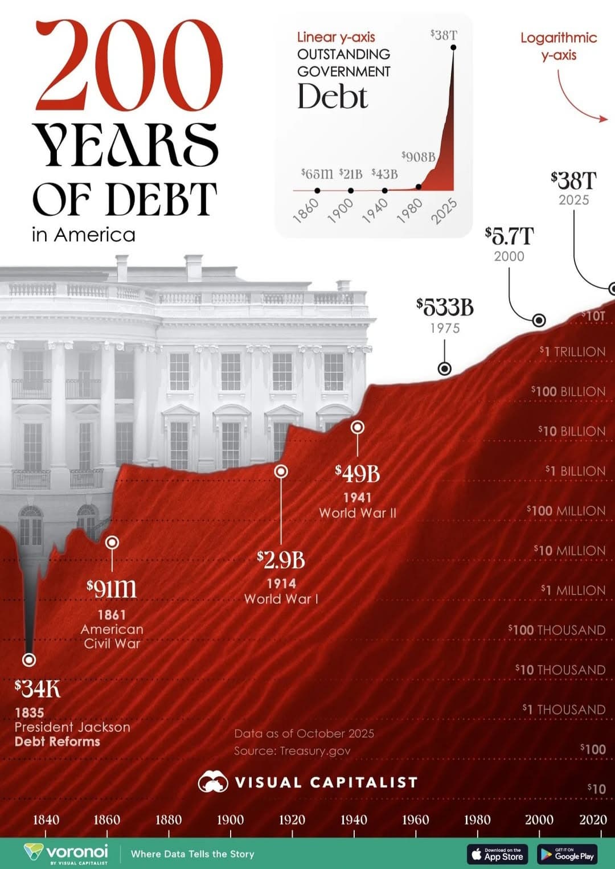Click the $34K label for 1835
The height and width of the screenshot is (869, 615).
38,689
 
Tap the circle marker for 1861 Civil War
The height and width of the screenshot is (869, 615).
112,542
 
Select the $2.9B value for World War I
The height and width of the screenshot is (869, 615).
281,560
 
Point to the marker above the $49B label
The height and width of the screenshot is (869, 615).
358,427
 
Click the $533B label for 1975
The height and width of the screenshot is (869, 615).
445,308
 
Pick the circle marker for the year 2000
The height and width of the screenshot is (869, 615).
539,320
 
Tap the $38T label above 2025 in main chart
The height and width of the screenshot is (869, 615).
573,181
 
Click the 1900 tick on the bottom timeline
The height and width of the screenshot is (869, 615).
230,820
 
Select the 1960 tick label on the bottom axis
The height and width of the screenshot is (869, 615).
415,820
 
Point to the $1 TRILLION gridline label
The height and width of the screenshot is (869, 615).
573,352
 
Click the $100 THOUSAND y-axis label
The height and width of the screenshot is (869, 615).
557,630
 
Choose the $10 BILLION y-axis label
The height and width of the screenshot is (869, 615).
572,432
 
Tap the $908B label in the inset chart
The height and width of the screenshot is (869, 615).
419,157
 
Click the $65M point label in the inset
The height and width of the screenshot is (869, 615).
317,174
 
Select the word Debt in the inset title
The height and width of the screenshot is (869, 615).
333,97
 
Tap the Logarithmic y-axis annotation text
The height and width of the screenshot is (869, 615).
559,46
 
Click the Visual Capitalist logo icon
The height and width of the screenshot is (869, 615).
213,782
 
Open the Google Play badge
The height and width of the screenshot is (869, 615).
567,854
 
